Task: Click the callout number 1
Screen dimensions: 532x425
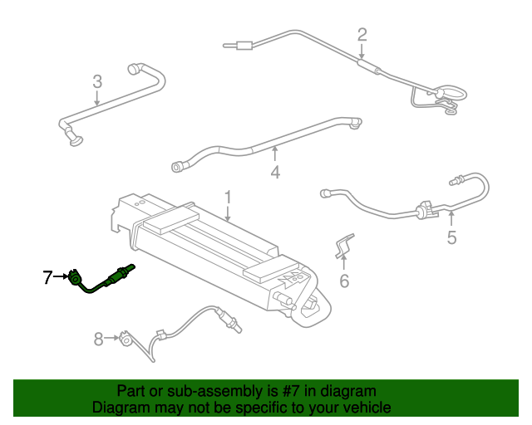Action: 228,197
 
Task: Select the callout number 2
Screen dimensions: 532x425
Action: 362,35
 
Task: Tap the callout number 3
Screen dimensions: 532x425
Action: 97,81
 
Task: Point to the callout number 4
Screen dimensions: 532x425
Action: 275,172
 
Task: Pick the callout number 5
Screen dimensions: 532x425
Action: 451,237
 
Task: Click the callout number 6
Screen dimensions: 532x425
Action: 344,281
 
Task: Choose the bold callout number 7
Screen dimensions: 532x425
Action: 48,277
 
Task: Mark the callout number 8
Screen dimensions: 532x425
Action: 98,339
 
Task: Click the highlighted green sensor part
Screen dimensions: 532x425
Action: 101,280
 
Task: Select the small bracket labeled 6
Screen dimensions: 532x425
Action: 343,246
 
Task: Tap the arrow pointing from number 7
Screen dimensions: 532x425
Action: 62,276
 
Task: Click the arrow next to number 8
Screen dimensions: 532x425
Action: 111,338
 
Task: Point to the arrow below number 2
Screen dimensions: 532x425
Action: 362,51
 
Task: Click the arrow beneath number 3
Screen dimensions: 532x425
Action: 97,98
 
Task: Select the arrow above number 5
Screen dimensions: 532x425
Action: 451,218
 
